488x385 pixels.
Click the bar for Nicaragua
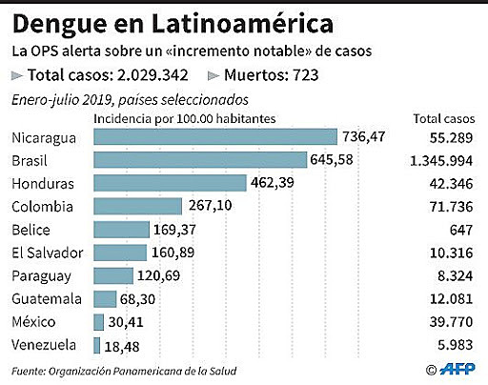[214, 138]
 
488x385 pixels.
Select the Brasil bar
[199, 160]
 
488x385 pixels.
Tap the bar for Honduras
[168, 183]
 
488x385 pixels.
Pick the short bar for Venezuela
[97, 344]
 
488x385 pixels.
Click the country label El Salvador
[49, 253]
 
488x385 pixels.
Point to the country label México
[35, 321]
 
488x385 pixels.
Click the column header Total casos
[443, 118]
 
